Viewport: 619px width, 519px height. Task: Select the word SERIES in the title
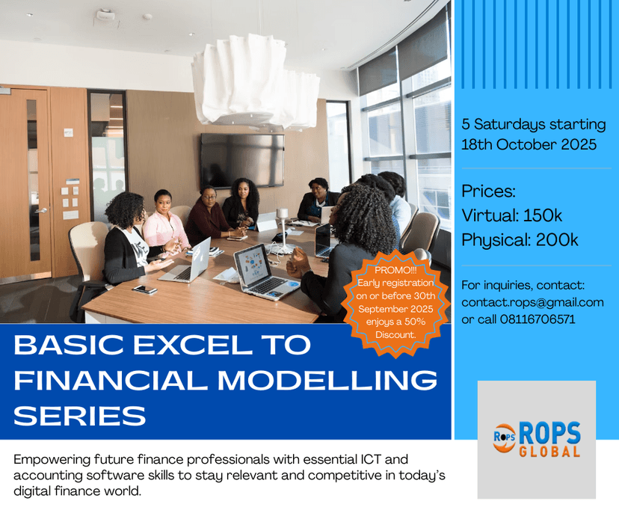pos(79,414)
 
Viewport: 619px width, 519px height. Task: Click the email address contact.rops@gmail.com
pos(532,302)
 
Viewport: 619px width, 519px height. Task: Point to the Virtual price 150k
pos(539,216)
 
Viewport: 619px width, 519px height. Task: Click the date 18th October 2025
pos(529,144)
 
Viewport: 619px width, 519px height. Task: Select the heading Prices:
pos(488,192)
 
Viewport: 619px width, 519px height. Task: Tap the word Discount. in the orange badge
pos(395,334)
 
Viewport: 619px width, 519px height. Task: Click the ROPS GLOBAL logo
pos(537,440)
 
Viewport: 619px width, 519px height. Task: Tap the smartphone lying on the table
pos(144,289)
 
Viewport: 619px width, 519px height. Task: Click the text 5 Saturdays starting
pos(533,124)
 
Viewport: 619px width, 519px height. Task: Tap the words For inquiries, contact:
pos(523,285)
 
